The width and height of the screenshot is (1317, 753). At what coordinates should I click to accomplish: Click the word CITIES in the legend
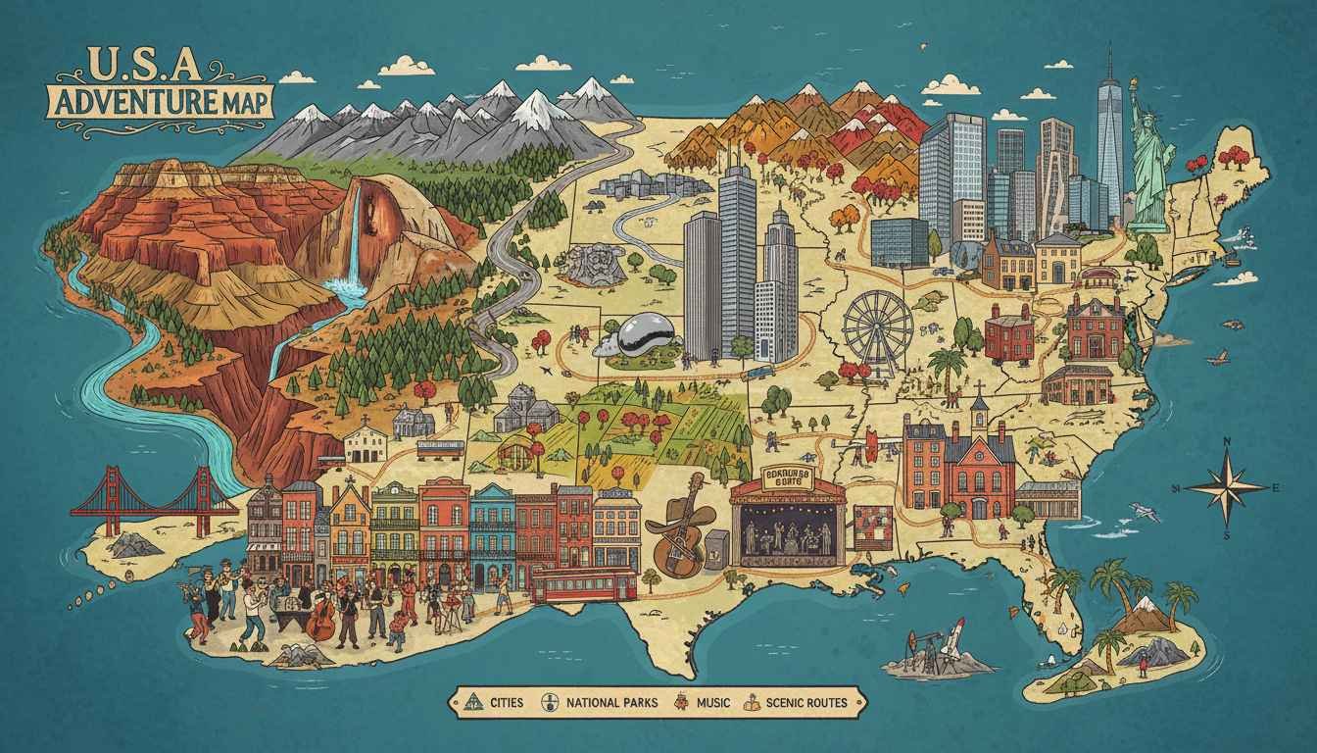(507, 702)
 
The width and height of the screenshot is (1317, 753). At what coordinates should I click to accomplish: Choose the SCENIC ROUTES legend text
(804, 702)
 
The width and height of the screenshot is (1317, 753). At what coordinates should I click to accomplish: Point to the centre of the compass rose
(1226, 487)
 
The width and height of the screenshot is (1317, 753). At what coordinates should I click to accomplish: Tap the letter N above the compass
(1226, 442)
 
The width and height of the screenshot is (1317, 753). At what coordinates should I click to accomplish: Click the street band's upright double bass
(320, 619)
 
